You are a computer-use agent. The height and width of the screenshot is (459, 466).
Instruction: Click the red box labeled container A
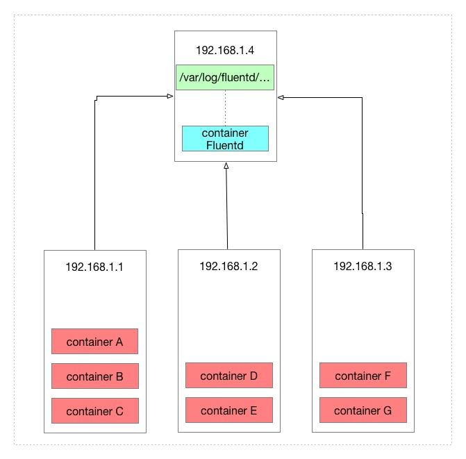(94, 342)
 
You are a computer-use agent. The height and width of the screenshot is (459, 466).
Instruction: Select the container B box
(94, 376)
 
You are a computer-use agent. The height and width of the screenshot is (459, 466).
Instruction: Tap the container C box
(94, 411)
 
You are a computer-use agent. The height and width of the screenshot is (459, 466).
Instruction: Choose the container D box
(228, 376)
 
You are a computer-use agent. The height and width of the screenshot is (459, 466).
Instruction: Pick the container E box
(228, 410)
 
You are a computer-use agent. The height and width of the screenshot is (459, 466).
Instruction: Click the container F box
(363, 376)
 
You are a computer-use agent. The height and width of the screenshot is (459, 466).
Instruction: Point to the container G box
(363, 410)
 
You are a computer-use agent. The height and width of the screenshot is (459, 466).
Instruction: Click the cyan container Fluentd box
(225, 139)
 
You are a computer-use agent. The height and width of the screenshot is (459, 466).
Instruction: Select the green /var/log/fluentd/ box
(225, 78)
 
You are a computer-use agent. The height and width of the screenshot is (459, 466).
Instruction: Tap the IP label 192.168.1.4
(225, 49)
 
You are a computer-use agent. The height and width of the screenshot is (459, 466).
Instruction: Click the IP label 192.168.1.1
(94, 266)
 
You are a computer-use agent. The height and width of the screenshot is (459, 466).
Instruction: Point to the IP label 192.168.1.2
(228, 266)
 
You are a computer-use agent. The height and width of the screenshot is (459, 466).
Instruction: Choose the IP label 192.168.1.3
(363, 266)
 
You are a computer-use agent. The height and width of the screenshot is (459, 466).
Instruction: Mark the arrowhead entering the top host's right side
(281, 98)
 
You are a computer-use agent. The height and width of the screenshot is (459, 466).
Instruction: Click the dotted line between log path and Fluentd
(225, 108)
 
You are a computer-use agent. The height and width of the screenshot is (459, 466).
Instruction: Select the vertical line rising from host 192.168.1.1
(94, 174)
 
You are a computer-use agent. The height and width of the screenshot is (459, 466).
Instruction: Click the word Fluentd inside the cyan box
(225, 145)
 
